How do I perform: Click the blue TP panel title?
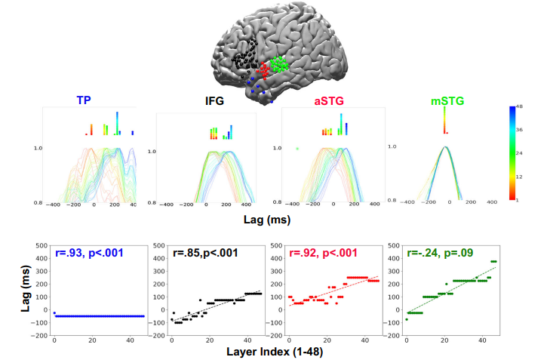click(x=84, y=100)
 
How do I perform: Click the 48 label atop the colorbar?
click(x=531, y=107)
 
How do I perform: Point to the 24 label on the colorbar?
click(x=531, y=153)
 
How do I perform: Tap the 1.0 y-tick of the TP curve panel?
click(x=35, y=149)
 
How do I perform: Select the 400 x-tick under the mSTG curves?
click(x=490, y=202)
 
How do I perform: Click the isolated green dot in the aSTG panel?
click(x=297, y=149)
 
